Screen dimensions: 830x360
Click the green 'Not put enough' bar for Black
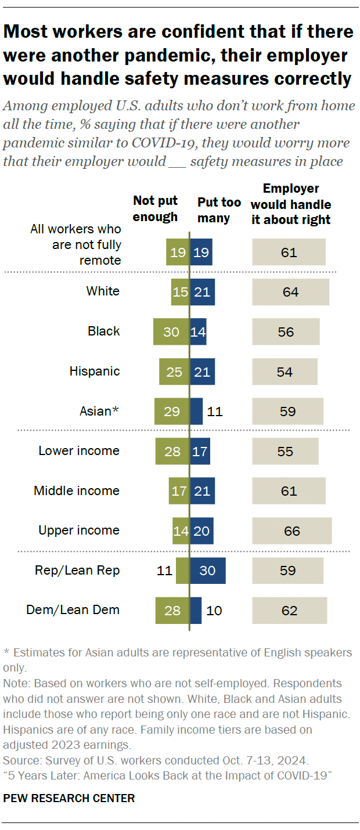pos(171,332)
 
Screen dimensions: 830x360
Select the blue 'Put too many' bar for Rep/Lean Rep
pos(208,570)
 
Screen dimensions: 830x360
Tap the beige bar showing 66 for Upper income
pos(291,531)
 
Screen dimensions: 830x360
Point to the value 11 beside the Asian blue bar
pos(214,412)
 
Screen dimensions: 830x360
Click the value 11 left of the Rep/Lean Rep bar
pos(165,570)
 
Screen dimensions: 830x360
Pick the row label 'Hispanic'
pos(95,371)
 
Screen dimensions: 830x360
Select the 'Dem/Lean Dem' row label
pos(73,609)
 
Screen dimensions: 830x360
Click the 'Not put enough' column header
pos(155,209)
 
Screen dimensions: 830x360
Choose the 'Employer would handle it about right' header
pos(291,204)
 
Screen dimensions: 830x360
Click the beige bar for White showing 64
pos(290,292)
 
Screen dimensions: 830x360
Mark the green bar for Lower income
pos(172,451)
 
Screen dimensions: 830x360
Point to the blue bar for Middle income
pos(202,491)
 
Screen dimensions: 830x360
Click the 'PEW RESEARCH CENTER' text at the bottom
pos(69,798)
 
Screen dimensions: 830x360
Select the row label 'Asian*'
pos(99,411)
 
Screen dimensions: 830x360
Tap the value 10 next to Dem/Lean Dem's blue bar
pos(214,610)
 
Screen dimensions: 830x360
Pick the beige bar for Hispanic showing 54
pos(285,371)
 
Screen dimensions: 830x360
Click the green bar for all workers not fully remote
pos(178,252)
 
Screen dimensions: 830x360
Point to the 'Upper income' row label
pos(79,530)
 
